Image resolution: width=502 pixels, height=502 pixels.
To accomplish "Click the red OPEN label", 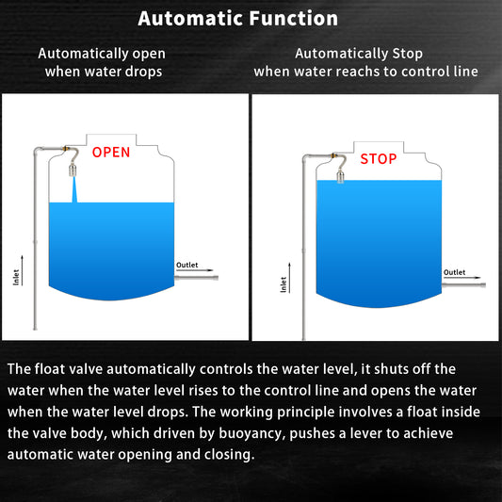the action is coord(111,152).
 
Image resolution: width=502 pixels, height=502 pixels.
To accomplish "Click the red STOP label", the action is coord(379,159).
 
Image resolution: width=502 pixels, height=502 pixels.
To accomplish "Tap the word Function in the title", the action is coord(294,18).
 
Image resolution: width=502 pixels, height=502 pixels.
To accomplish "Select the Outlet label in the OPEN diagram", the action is coord(187,265).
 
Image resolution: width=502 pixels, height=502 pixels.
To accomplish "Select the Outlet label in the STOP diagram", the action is coord(454,272).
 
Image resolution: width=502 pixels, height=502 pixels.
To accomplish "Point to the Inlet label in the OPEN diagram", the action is coord(16,277).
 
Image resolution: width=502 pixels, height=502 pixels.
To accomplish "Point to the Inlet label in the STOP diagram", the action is coord(283,284).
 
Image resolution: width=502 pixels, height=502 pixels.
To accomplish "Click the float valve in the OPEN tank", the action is coord(73,170).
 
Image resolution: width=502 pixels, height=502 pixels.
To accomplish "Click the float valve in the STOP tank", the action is coord(340,177).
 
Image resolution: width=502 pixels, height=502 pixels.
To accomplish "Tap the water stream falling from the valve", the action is coord(74,189).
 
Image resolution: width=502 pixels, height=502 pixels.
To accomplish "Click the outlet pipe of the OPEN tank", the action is coord(196,278).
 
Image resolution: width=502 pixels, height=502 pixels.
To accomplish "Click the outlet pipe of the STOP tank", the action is coord(464,285).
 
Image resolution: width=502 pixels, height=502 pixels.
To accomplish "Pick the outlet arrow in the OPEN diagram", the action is coord(195,270).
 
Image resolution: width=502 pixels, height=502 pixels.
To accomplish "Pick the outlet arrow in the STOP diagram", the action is coord(462,278).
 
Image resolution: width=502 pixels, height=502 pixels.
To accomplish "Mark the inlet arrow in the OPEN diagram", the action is coord(22,270).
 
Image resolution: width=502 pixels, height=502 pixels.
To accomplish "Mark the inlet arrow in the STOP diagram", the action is coord(289,278).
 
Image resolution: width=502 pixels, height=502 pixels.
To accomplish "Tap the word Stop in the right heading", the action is coord(407,54).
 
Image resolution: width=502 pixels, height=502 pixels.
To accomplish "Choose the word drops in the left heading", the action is coord(143,72).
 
